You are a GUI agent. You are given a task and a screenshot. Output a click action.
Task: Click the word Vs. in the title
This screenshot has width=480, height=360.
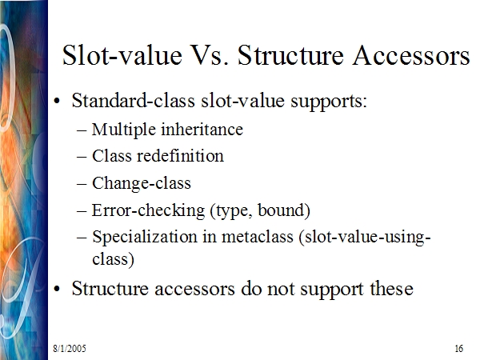(x=209, y=55)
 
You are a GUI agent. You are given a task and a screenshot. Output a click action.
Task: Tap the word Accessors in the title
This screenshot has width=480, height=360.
(x=411, y=55)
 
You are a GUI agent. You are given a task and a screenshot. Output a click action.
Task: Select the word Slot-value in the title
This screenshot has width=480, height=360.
(x=122, y=55)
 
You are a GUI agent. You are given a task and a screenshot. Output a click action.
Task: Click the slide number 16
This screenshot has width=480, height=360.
(x=458, y=348)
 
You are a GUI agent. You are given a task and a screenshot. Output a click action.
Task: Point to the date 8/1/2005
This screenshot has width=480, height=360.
(x=70, y=348)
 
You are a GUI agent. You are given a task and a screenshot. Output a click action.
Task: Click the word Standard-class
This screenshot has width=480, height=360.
(x=133, y=101)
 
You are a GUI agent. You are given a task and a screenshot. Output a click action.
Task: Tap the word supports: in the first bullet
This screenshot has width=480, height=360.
(x=329, y=102)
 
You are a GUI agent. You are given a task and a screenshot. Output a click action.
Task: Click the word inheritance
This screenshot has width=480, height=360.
(x=202, y=129)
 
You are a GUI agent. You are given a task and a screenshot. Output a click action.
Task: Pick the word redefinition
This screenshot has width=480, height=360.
(x=180, y=156)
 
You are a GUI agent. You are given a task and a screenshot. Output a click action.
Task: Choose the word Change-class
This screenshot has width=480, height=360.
(x=142, y=184)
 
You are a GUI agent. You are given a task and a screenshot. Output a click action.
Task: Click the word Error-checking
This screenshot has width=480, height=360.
(x=148, y=211)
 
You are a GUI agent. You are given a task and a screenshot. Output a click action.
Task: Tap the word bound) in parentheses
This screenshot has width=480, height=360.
(x=284, y=210)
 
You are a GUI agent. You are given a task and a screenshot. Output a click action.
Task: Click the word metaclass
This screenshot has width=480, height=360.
(x=258, y=237)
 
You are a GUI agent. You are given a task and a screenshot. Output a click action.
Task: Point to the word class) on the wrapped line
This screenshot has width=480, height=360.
(x=114, y=259)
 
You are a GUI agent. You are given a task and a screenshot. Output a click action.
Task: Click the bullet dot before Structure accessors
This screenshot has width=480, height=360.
(x=57, y=289)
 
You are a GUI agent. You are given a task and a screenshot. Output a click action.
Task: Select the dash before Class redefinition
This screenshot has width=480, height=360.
(x=82, y=157)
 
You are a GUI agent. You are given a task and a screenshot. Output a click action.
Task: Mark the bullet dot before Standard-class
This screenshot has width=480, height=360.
(x=57, y=101)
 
